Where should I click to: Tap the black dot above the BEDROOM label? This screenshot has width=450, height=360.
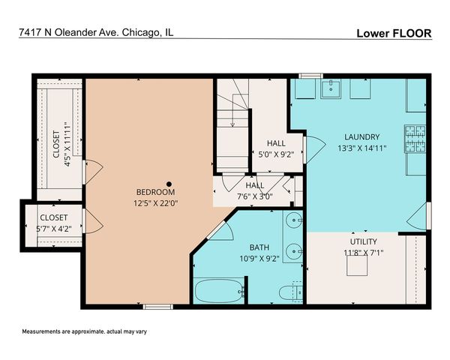[x=170, y=182]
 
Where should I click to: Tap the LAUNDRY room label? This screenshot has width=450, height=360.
[x=361, y=136]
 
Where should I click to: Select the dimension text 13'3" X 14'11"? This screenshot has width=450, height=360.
[x=361, y=148]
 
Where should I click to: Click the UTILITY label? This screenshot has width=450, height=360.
[x=363, y=241]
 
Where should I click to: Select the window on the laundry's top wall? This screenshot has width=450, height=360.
[x=310, y=75]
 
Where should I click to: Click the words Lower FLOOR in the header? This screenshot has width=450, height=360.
[x=394, y=34]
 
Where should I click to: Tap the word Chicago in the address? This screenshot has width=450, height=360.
[x=135, y=32]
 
